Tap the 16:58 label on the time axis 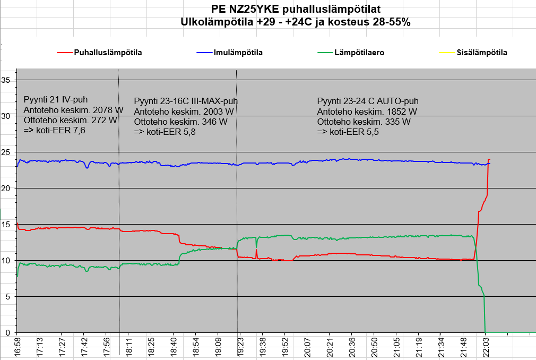pyautogui.click(x=18, y=348)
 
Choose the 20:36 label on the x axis pyautogui.click(x=352, y=348)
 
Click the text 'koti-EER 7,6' pyautogui.click(x=59, y=130)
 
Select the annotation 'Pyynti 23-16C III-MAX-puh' pyautogui.click(x=186, y=101)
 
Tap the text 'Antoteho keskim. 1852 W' pyautogui.click(x=367, y=112)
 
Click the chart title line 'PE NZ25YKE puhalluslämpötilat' pyautogui.click(x=295, y=10)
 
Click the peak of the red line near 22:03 pyautogui.click(x=489, y=160)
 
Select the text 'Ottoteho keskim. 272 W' pyautogui.click(x=71, y=120)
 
